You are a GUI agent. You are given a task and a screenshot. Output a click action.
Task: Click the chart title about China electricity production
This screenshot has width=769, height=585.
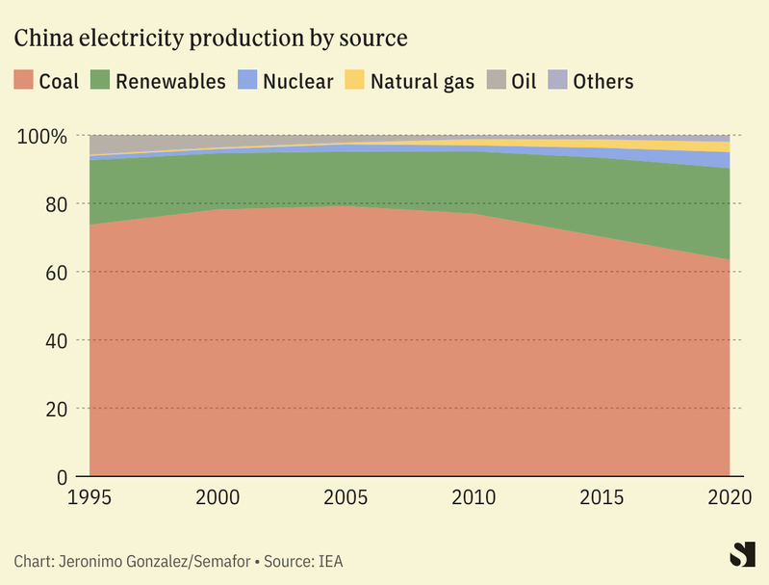(210, 39)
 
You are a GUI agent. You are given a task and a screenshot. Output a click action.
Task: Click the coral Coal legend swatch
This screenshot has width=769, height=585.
(23, 81)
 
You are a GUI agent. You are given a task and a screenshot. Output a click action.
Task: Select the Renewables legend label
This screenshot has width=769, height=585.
(170, 81)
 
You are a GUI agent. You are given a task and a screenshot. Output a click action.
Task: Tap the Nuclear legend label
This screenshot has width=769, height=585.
(297, 81)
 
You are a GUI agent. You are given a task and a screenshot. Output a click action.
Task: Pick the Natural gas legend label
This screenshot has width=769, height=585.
(423, 81)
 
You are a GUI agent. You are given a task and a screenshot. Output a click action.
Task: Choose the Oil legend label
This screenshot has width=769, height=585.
(524, 81)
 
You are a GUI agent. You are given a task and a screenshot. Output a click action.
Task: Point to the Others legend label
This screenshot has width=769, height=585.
(603, 81)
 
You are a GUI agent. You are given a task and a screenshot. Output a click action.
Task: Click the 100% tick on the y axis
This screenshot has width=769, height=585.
(43, 136)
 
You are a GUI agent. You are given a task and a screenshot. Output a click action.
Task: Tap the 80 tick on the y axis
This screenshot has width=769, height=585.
(57, 204)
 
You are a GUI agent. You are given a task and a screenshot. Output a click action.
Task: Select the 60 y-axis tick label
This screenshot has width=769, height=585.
(57, 273)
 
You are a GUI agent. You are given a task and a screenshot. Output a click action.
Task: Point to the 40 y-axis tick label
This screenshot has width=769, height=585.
(57, 341)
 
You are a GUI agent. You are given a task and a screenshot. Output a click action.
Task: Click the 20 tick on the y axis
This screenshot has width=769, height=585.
(57, 410)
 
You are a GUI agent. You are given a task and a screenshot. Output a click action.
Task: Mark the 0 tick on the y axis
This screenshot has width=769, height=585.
(63, 477)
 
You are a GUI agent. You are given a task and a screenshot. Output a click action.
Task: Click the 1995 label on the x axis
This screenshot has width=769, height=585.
(90, 498)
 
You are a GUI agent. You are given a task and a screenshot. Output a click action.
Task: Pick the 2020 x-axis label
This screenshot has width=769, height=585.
(729, 498)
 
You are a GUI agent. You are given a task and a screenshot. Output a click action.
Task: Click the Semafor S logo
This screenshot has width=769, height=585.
(741, 555)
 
